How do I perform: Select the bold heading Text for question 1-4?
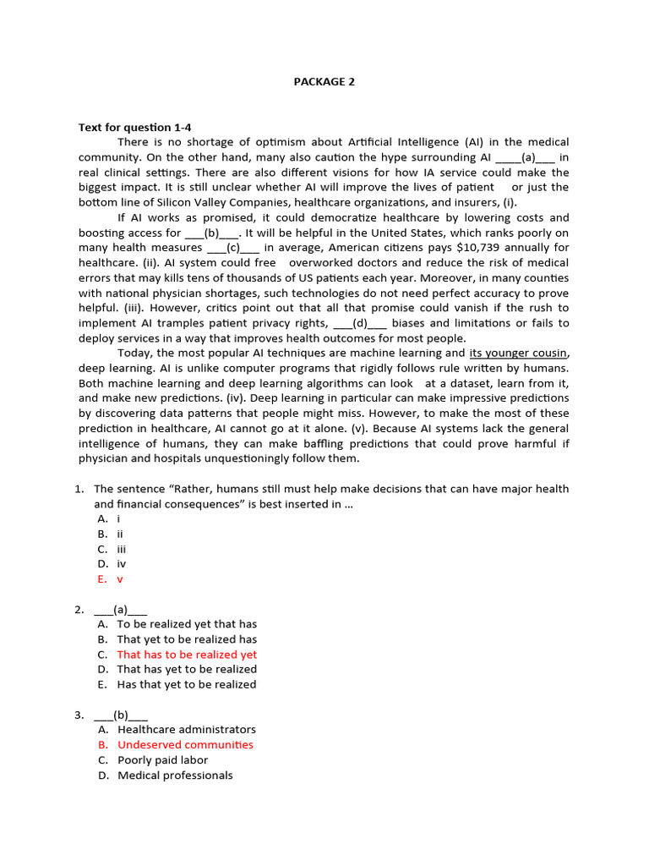(x=135, y=127)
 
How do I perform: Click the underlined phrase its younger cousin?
(x=519, y=353)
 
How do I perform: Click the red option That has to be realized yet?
(x=187, y=655)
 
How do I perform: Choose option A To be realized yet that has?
(x=187, y=624)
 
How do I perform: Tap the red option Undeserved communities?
(x=185, y=745)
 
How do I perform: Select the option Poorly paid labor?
(x=162, y=760)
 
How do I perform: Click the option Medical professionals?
(x=175, y=776)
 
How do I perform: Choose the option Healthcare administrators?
(x=186, y=730)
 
